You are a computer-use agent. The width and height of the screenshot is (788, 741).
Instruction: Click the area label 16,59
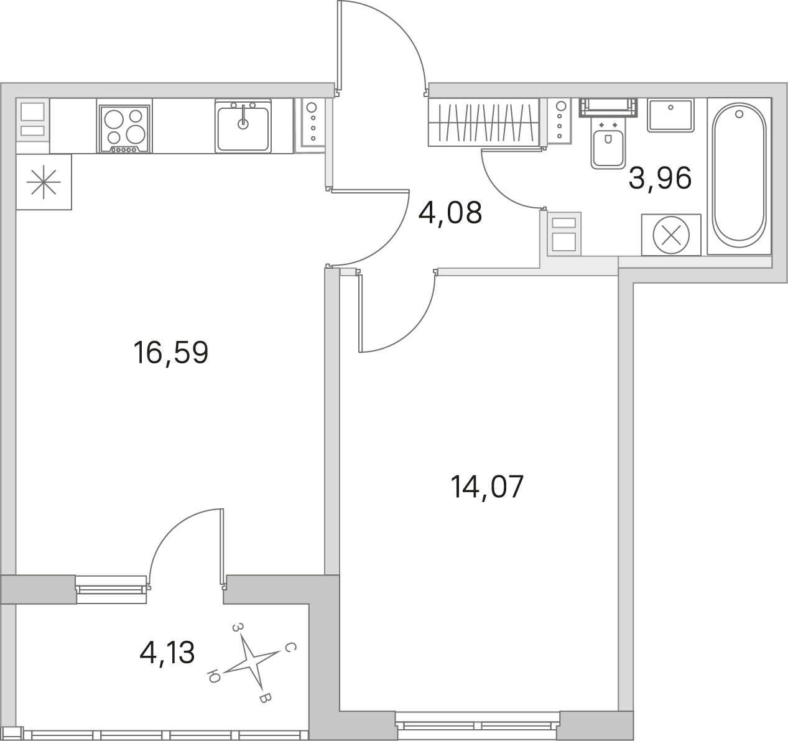170,353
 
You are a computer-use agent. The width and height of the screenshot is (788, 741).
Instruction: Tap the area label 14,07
487,487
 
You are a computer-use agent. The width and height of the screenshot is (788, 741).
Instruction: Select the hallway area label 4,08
450,212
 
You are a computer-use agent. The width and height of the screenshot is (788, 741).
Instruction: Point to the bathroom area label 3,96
661,179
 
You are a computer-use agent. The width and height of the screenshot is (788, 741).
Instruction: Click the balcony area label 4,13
167,653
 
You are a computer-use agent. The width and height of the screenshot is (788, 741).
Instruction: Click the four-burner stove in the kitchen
124,129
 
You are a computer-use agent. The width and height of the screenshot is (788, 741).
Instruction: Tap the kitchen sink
243,126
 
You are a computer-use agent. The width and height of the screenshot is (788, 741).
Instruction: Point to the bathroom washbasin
670,115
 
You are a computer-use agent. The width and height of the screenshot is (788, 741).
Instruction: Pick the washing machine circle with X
671,235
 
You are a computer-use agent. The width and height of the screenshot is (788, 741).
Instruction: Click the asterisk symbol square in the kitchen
44,182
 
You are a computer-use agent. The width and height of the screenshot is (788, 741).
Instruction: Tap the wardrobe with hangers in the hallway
484,123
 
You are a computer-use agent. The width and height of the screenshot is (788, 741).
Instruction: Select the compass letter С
290,648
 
